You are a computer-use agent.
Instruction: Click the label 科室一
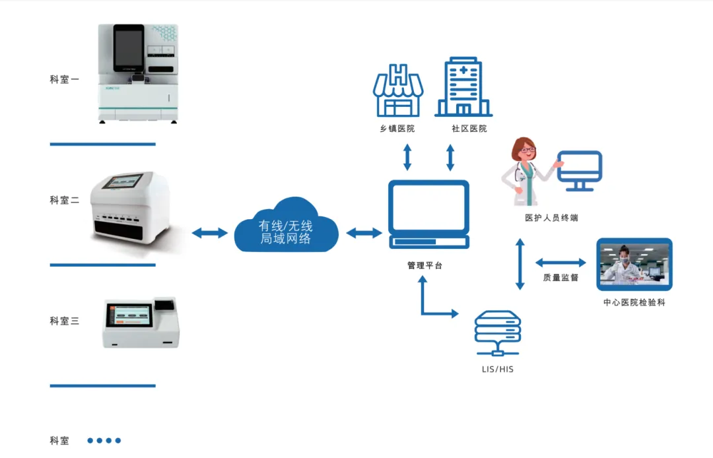pos(65,79)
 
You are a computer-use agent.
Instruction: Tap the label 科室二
pos(65,201)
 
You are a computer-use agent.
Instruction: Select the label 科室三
pos(65,321)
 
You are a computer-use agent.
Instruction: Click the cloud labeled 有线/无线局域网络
pos(287,226)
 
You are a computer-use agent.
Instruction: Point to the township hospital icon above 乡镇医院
pos(398,90)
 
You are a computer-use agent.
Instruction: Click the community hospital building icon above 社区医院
pos(463,87)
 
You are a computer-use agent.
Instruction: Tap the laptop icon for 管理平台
pos(429,214)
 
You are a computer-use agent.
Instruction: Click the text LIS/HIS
pos(498,370)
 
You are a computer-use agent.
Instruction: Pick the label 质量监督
pos(560,278)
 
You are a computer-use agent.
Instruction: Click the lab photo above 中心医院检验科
pos(634,265)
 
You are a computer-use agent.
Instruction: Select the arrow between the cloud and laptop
pos(364,233)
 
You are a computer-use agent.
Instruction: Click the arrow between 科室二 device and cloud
pos(210,233)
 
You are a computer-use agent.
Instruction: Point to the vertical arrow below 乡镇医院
pos(407,157)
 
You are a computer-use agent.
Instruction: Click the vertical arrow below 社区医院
pos(450,157)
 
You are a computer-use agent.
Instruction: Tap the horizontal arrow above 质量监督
pos(560,262)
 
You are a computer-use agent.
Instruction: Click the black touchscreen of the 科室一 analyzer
pos(129,48)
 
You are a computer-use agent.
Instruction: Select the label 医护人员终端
pos(551,218)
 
